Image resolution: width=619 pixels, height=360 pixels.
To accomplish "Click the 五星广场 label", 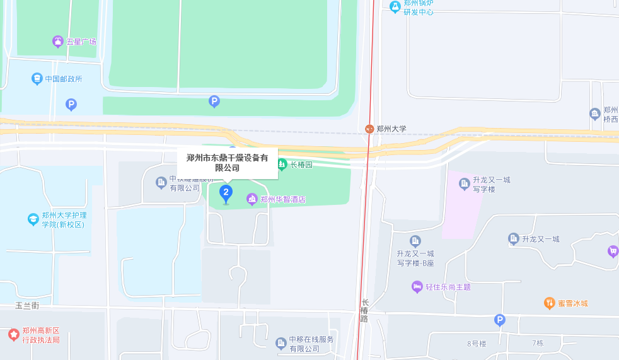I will pos(81,42).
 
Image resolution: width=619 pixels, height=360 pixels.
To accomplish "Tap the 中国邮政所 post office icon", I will pos(37,79).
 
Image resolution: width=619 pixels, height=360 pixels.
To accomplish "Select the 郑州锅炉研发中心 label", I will pos(419,8).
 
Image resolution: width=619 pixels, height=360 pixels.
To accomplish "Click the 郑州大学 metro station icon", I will pos(369,129).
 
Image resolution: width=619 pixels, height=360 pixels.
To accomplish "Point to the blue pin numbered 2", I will pos(226,193).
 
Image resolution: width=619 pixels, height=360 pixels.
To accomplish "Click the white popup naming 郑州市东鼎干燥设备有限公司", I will pos(228,163).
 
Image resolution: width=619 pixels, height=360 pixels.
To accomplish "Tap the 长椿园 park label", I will pos(301,165).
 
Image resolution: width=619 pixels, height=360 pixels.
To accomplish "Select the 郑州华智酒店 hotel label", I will pos(283,199).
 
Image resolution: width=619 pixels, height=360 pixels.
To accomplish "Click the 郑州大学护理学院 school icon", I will pos(33,219).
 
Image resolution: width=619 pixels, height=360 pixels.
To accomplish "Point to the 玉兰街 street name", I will pos(27,306).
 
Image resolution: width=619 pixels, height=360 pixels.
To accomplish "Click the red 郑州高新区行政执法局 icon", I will pos(13,334).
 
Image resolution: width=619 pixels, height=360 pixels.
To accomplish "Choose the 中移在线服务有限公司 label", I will pos(311,344).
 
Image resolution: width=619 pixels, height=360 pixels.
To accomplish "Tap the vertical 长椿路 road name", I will pos(364,310).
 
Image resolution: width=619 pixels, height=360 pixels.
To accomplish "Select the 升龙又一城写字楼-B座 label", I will pos(415,258).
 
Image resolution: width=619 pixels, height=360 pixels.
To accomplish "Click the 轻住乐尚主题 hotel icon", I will pos(417,287).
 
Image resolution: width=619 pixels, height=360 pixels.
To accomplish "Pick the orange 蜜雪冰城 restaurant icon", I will pos(549,303).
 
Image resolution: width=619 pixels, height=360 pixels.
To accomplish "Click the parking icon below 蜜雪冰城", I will pos(500,320).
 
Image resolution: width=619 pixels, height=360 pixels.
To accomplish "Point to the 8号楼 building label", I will pos(477,344).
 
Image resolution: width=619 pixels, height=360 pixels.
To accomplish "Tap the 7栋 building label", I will pos(537,343).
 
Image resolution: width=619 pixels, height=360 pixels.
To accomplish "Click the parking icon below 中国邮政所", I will pos(71,104).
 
